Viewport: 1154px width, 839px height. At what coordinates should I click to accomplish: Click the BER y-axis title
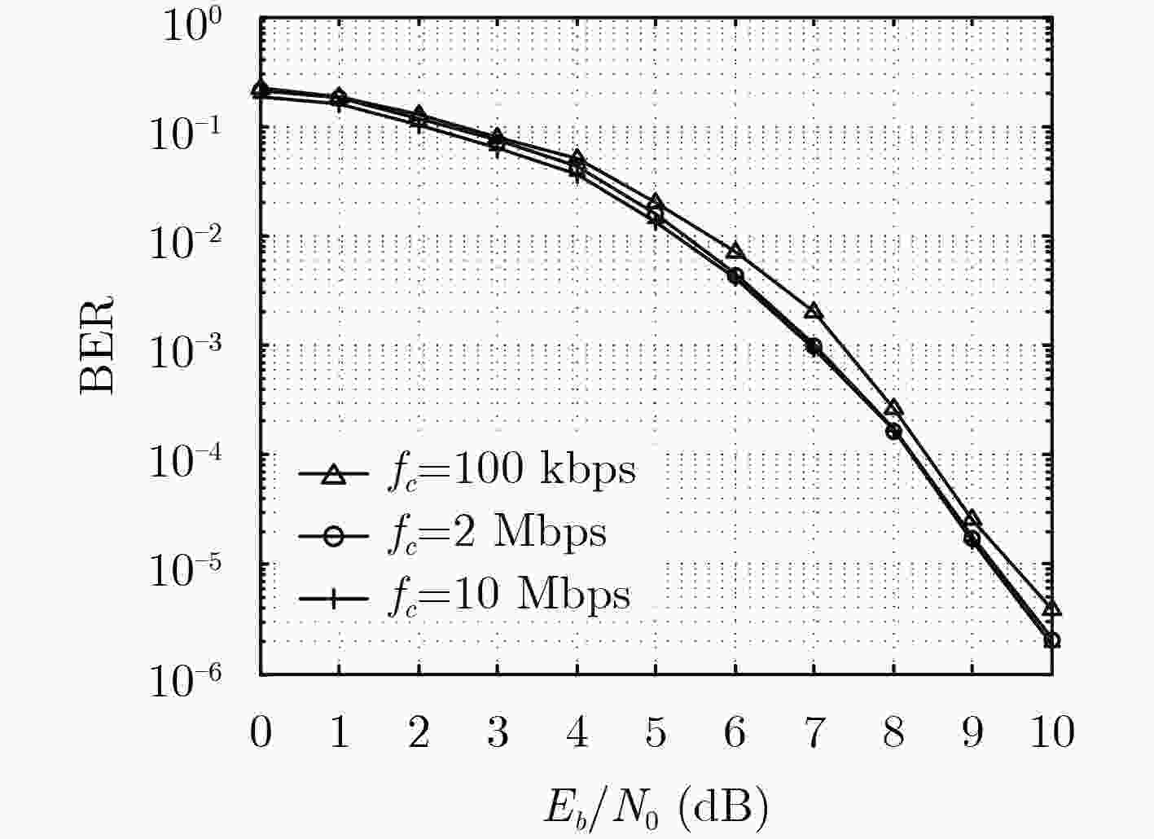97,345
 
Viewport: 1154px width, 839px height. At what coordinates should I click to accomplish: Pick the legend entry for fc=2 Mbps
452,536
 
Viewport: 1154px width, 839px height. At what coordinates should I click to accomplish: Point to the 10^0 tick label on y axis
192,26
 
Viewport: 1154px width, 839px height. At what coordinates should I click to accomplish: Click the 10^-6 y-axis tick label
186,681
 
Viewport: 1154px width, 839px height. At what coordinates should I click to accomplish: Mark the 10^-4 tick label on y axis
186,461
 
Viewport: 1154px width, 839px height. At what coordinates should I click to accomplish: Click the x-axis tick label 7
814,732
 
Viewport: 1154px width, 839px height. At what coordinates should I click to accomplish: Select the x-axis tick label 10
1052,732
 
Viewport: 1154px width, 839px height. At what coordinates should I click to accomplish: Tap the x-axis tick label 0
261,732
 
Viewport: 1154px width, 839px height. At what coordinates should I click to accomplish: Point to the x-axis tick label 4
577,732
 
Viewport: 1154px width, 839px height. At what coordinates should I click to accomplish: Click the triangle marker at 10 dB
1052,609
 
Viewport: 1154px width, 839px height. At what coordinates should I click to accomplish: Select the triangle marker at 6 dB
735,250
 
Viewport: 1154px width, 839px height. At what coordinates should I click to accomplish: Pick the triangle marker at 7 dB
814,311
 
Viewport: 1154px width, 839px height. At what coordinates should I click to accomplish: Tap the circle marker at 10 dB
1052,640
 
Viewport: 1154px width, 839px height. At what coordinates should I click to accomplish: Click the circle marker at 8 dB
894,431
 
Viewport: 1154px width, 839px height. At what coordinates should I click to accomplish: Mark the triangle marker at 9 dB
972,518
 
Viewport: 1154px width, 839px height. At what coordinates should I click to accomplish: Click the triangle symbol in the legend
334,474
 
